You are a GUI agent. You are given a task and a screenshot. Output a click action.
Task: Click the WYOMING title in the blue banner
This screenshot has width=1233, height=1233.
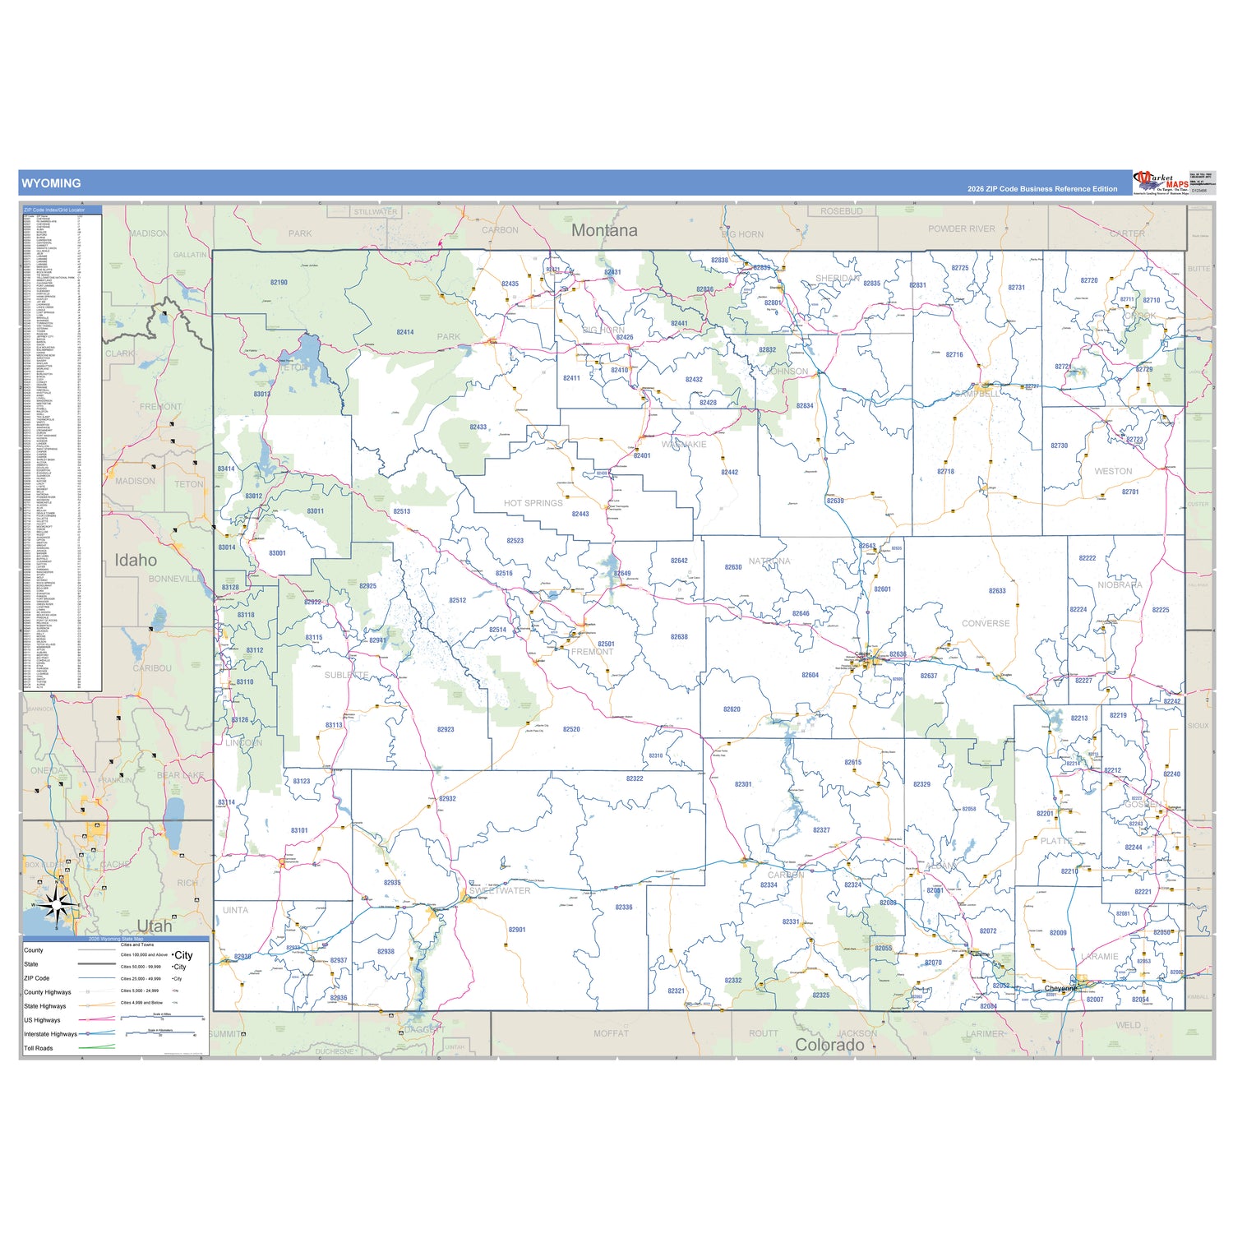[51, 183]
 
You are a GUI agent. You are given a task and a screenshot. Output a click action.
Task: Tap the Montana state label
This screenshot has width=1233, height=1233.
[604, 231]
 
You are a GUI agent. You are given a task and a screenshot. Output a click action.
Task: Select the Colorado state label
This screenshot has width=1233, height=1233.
[829, 1045]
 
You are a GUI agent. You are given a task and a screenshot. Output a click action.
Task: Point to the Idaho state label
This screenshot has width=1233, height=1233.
[136, 561]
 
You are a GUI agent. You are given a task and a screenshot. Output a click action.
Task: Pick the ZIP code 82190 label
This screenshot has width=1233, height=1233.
[279, 283]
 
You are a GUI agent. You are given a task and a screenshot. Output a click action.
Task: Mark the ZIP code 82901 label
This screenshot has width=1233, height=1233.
[517, 930]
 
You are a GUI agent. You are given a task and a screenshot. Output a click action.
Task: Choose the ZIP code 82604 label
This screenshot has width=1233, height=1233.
[810, 675]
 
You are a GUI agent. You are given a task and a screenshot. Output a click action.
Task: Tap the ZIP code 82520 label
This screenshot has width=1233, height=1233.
[571, 729]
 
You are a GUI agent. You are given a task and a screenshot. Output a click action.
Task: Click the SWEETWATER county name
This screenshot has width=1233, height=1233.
[500, 891]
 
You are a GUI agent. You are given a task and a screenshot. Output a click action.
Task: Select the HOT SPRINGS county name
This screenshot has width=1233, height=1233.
[533, 503]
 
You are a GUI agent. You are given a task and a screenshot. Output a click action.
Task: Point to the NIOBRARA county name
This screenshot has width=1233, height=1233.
[1120, 585]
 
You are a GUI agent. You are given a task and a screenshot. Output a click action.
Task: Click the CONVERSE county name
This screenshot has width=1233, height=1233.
[986, 624]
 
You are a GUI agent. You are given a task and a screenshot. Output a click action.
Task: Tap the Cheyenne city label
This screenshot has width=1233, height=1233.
[1060, 988]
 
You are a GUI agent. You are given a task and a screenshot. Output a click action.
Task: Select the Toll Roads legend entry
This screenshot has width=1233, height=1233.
[39, 1048]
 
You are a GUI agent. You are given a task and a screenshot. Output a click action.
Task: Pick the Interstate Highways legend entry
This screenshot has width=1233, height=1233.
[50, 1034]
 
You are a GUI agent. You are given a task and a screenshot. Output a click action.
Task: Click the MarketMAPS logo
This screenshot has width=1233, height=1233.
[1160, 183]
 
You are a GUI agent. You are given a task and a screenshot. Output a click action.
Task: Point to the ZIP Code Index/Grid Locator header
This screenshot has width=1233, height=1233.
[54, 210]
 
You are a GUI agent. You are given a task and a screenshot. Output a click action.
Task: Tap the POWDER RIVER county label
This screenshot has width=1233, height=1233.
[961, 229]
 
